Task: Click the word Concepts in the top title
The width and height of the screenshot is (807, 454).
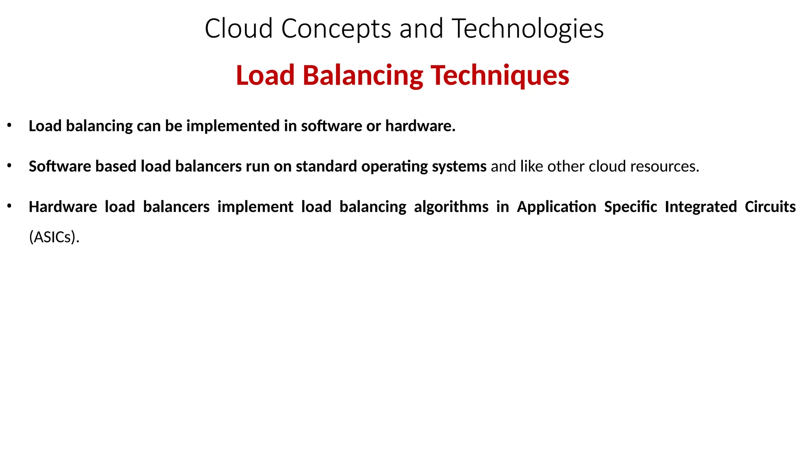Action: (336, 29)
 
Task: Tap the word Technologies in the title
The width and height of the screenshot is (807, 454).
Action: (528, 29)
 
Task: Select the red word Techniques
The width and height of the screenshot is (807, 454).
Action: (500, 75)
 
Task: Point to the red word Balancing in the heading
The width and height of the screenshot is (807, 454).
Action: (363, 75)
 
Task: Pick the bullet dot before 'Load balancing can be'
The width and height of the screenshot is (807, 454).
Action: (9, 126)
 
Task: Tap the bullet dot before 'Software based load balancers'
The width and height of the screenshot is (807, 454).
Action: (9, 166)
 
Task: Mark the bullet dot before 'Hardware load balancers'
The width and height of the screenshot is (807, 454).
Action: (9, 206)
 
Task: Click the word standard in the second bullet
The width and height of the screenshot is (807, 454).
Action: (326, 166)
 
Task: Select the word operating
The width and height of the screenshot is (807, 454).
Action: (394, 167)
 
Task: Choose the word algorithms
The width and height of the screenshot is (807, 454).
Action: (451, 207)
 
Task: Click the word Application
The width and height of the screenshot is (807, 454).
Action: (556, 207)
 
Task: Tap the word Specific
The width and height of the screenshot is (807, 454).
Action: (630, 207)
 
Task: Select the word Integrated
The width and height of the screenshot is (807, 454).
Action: (700, 207)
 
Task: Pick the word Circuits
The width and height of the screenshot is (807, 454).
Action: (770, 207)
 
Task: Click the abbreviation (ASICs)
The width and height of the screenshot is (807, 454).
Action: (54, 237)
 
